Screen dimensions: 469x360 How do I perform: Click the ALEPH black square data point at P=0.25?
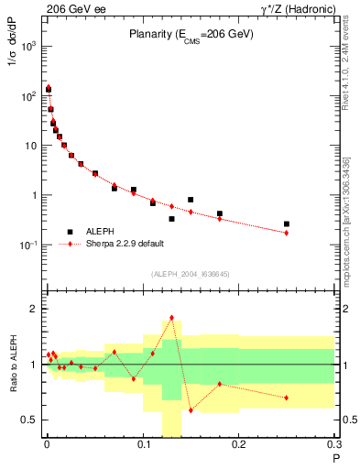pyautogui.click(x=287, y=224)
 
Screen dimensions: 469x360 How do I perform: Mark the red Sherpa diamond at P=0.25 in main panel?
pyautogui.click(x=287, y=233)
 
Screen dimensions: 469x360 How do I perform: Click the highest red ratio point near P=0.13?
pyautogui.click(x=171, y=318)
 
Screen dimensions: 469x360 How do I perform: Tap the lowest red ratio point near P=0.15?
pyautogui.click(x=191, y=410)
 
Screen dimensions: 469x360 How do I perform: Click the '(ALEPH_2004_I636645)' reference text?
pyautogui.click(x=191, y=274)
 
